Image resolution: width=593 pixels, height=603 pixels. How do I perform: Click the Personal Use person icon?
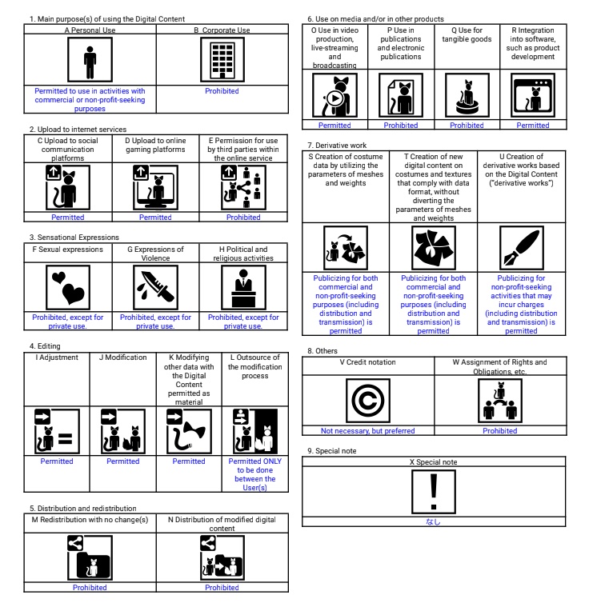click(x=90, y=60)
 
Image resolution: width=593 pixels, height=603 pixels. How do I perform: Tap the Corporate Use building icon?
click(x=222, y=60)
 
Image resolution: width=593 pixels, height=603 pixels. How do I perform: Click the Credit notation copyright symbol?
click(x=367, y=400)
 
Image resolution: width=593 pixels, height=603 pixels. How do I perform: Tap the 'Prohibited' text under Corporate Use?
click(x=222, y=91)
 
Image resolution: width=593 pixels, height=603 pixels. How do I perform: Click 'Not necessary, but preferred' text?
click(x=367, y=430)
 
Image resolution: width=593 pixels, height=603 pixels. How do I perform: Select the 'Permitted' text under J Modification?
click(x=122, y=461)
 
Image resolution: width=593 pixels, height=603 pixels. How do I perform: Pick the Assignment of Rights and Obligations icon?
click(x=500, y=400)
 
